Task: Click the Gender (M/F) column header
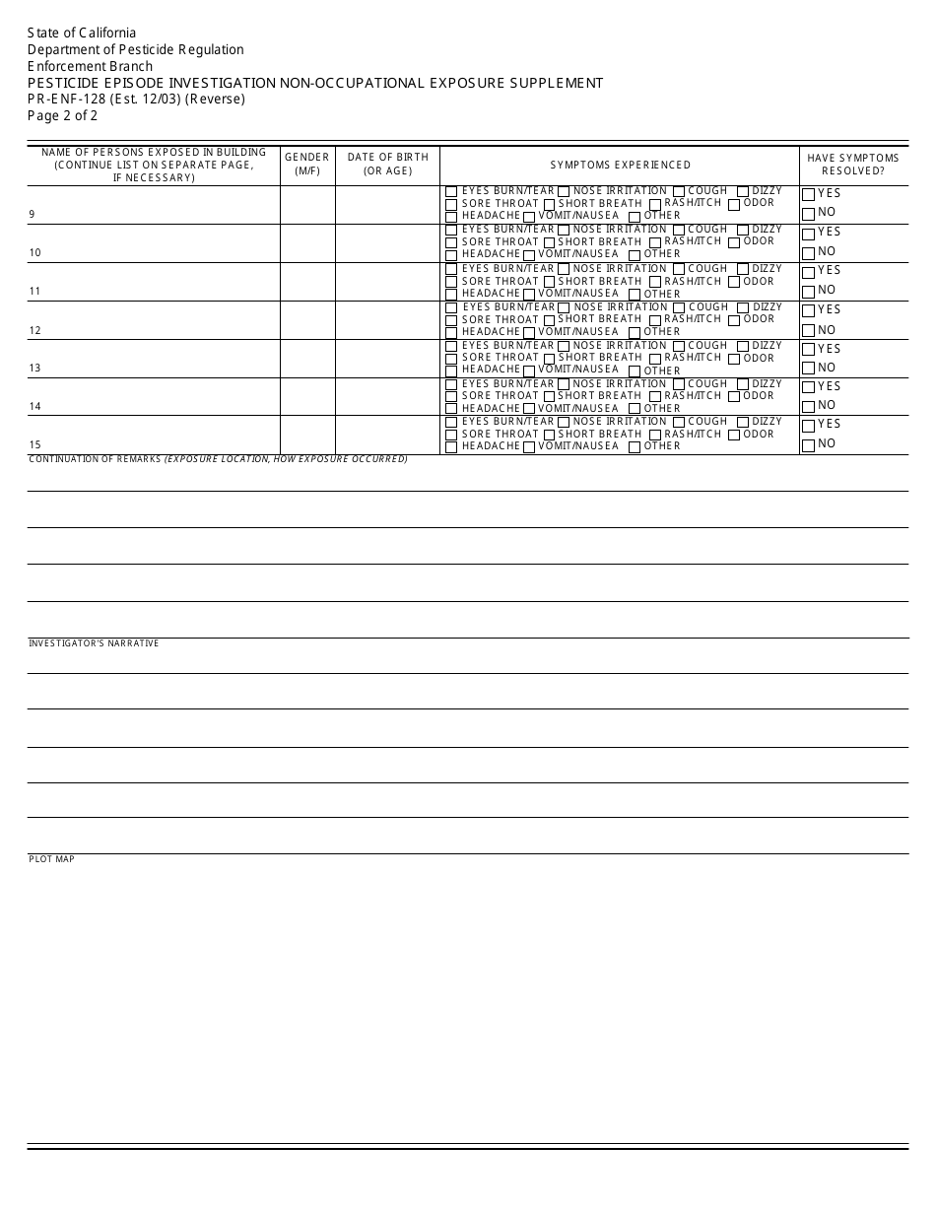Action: [x=307, y=164]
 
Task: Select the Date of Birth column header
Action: [x=387, y=164]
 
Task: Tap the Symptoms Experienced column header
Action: [x=620, y=165]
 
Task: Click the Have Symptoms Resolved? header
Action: [x=853, y=164]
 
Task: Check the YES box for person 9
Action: [x=808, y=195]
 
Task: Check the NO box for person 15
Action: [x=808, y=445]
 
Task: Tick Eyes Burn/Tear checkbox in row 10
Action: [x=451, y=231]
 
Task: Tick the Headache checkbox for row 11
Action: [x=451, y=295]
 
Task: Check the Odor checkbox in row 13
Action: [x=734, y=359]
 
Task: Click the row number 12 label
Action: [x=34, y=330]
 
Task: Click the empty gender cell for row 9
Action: [x=307, y=205]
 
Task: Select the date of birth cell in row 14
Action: [x=387, y=396]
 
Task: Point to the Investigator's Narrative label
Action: [x=94, y=643]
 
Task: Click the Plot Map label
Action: [x=51, y=859]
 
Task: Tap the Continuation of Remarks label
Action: [x=218, y=459]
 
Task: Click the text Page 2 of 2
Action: [x=62, y=115]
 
